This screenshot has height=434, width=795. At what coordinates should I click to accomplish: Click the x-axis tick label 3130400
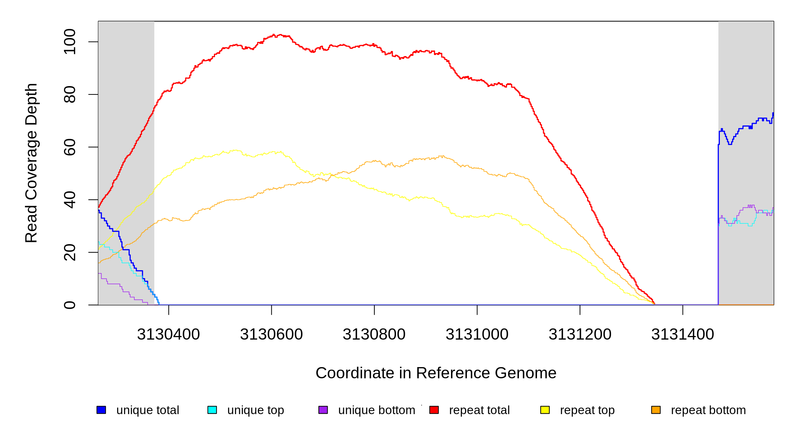[x=168, y=335]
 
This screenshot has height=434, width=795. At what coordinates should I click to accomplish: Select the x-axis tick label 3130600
[x=271, y=335]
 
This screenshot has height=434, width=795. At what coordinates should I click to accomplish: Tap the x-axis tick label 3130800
[x=374, y=335]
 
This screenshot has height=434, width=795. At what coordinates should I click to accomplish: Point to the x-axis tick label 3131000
[x=477, y=335]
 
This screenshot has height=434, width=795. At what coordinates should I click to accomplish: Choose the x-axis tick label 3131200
[x=580, y=335]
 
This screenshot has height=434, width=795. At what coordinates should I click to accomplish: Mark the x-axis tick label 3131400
[x=683, y=335]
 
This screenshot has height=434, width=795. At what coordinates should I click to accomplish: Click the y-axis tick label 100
[x=70, y=42]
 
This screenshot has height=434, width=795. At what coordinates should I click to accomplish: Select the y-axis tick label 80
[x=70, y=94]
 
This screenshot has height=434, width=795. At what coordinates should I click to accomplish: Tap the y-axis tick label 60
[x=70, y=147]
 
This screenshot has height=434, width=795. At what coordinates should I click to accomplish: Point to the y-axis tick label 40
[x=70, y=200]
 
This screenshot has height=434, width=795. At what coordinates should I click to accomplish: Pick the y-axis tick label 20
[x=70, y=252]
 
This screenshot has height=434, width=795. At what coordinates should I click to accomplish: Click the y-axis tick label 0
[x=70, y=305]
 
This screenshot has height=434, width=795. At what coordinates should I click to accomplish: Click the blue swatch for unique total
[x=101, y=410]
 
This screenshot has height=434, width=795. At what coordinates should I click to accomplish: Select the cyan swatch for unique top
[x=212, y=410]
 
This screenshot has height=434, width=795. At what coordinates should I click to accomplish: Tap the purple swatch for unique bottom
[x=323, y=410]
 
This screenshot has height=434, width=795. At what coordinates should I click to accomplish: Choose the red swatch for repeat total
[x=434, y=410]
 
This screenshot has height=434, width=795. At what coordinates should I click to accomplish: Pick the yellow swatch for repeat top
[x=545, y=410]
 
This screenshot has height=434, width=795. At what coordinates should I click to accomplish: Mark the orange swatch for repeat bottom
[x=656, y=410]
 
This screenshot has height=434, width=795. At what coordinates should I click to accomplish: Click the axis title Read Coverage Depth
[x=31, y=163]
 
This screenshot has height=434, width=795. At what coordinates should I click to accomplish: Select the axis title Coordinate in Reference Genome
[x=436, y=373]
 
